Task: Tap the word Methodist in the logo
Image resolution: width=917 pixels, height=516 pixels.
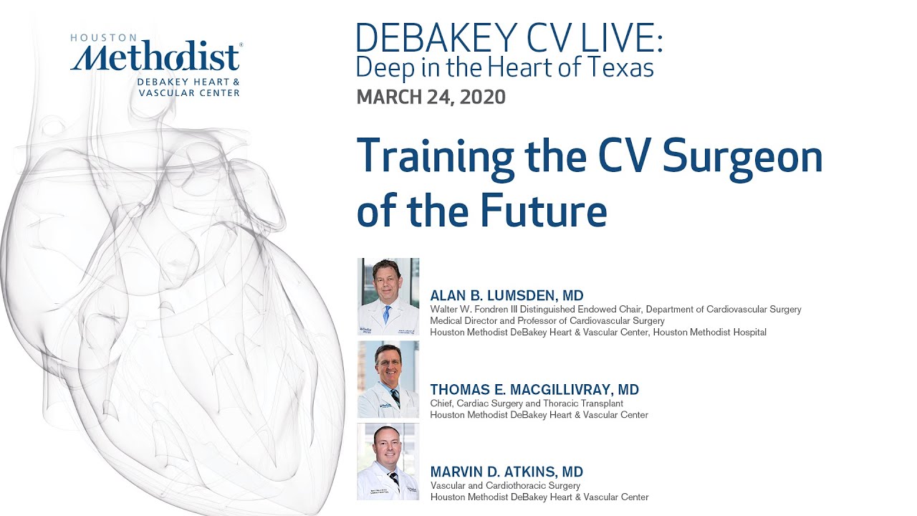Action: (155, 58)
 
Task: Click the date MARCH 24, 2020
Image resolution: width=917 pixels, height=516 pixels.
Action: (431, 97)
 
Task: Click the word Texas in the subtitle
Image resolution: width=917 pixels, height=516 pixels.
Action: (621, 67)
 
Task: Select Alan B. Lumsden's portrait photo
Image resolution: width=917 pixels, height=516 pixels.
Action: (388, 297)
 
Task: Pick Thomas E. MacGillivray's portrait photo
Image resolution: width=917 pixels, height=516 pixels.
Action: (388, 379)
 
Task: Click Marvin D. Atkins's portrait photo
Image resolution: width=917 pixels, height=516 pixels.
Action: (388, 462)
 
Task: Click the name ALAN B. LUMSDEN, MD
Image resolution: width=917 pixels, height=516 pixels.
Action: (506, 295)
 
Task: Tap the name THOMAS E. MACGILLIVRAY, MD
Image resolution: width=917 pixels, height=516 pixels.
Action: (534, 390)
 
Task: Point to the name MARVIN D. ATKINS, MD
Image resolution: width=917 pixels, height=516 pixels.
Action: (506, 472)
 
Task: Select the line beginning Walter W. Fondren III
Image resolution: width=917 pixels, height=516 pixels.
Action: (615, 310)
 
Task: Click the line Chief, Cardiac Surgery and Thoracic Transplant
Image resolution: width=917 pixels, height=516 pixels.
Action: (527, 403)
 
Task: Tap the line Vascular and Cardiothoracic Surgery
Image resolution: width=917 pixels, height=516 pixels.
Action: (505, 485)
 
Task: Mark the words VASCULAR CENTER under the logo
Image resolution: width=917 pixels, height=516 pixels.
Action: (188, 93)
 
